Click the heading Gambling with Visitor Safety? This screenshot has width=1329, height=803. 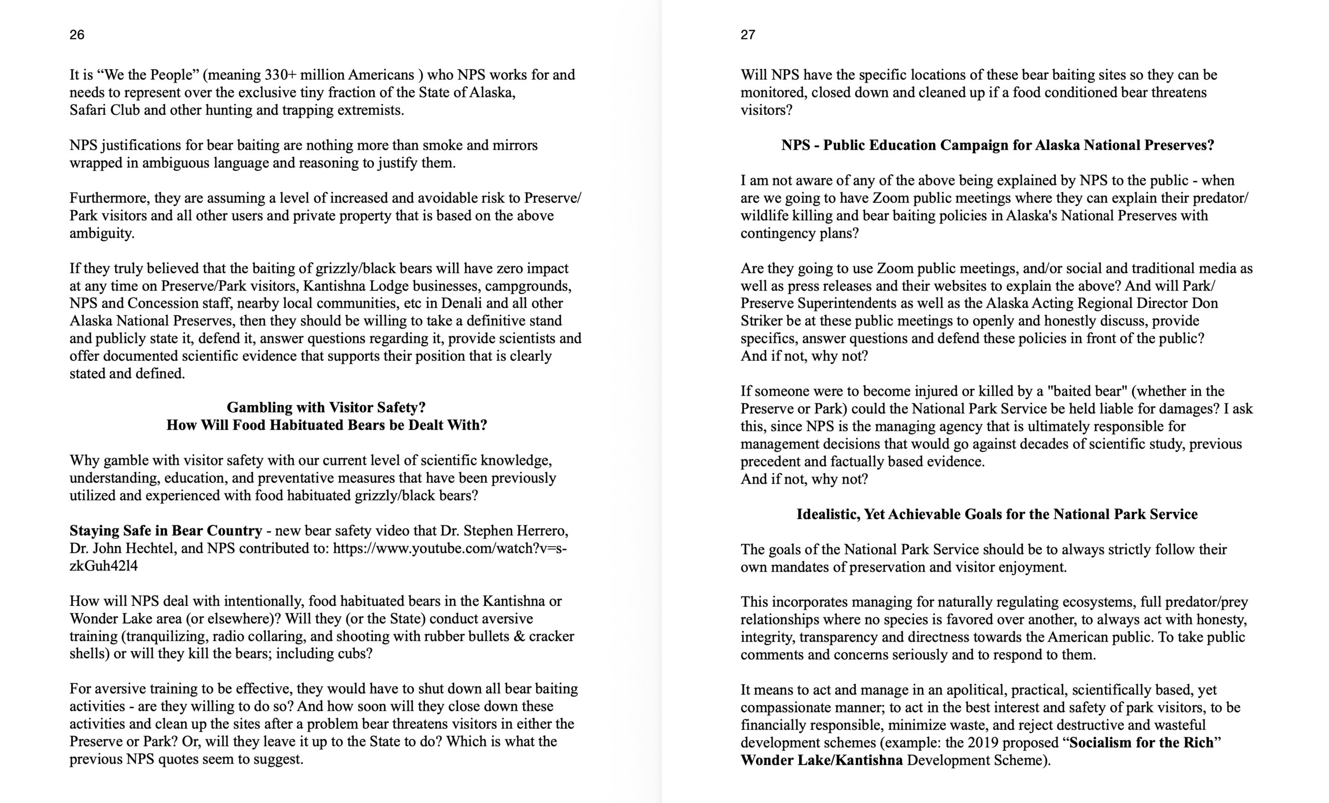pos(326,407)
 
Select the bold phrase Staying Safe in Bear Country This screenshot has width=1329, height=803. pos(166,530)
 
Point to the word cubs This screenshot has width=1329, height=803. pos(354,654)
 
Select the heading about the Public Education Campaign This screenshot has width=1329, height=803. pos(997,145)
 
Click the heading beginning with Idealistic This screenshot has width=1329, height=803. pos(997,514)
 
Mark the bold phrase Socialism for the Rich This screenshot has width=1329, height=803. pos(1141,743)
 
